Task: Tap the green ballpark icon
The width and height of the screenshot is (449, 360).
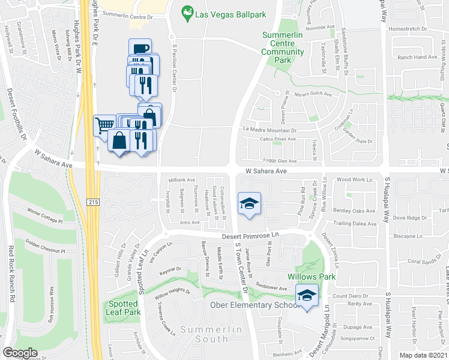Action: click(188, 11)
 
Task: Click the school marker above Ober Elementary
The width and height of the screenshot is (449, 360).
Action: click(308, 296)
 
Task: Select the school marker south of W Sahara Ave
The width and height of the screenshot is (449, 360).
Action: click(249, 203)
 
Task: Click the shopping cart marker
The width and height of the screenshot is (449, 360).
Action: click(104, 125)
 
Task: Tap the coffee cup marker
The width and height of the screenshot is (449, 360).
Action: click(140, 49)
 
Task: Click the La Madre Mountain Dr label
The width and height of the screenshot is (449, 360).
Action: click(270, 130)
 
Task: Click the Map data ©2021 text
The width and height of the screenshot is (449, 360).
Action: click(424, 355)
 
